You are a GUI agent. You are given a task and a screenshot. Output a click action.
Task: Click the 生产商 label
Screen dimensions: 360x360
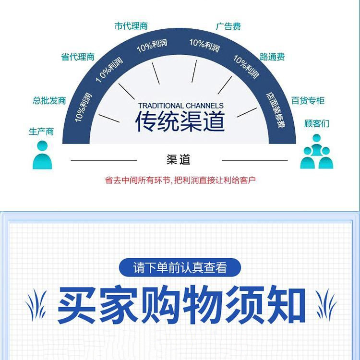(41, 131)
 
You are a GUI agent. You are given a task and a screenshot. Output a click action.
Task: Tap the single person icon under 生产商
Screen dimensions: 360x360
(42, 155)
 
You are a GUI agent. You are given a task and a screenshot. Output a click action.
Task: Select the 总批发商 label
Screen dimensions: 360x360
(49, 101)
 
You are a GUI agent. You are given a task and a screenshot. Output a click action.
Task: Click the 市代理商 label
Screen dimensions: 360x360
(131, 26)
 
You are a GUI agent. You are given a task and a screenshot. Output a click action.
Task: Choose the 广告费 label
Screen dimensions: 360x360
(228, 26)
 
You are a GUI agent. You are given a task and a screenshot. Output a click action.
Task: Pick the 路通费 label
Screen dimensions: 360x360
(272, 57)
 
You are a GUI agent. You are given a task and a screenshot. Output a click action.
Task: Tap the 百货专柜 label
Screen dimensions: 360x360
(308, 101)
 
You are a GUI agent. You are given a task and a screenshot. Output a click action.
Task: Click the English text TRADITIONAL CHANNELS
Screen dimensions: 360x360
(180, 106)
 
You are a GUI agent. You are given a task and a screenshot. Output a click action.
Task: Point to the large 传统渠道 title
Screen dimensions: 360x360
(180, 121)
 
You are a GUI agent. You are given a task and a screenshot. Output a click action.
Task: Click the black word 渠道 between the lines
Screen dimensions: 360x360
(179, 160)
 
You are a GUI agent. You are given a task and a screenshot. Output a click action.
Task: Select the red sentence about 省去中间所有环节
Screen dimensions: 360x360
(180, 180)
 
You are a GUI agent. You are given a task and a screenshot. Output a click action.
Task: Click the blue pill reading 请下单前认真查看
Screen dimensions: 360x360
(180, 267)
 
